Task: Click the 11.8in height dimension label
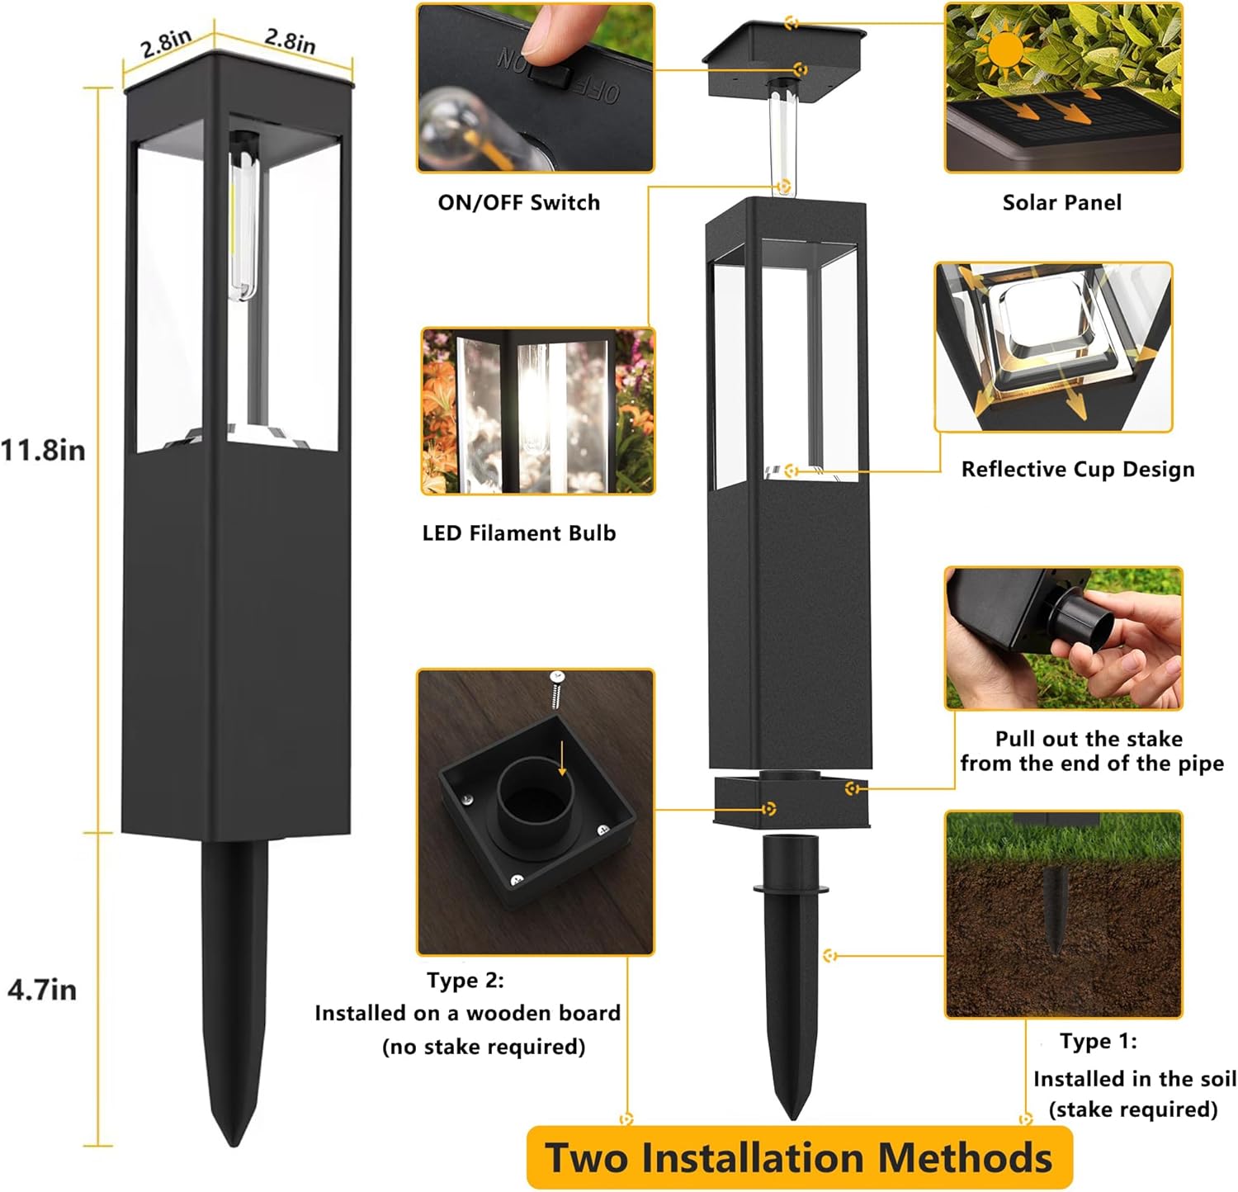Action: [43, 451]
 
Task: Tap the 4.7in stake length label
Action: [42, 989]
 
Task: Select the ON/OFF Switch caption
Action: [519, 203]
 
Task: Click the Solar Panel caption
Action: [1062, 203]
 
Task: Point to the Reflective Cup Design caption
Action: [1078, 470]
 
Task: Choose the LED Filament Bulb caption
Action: [519, 533]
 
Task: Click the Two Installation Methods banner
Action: [799, 1157]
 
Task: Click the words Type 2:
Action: [465, 981]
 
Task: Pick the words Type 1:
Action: [1099, 1042]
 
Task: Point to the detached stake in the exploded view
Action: [790, 974]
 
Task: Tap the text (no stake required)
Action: [484, 1047]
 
